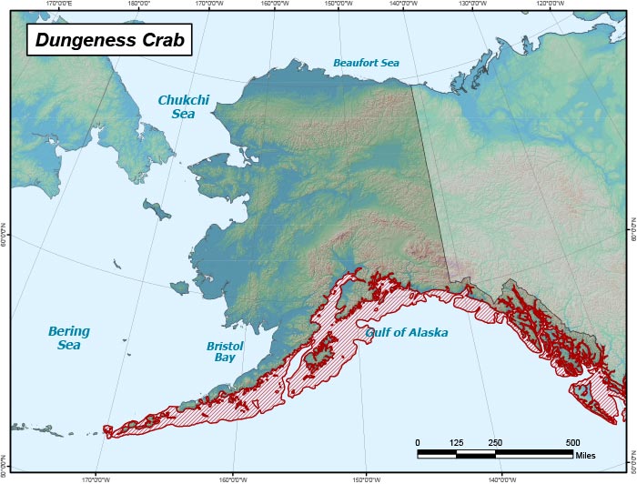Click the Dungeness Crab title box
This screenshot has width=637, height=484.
tap(108, 40)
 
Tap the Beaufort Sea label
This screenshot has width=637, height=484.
tap(365, 63)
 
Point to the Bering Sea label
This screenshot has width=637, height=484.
tap(69, 338)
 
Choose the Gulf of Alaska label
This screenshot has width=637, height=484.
tap(407, 333)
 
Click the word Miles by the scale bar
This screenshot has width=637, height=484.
tap(587, 453)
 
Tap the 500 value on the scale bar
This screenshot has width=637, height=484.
tap(572, 442)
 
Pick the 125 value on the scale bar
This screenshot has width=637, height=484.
tap(456, 442)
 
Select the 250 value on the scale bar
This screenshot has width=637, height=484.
tap(495, 442)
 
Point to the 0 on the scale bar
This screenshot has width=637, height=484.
tap(418, 442)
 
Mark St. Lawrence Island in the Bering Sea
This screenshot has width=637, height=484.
tap(158, 211)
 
